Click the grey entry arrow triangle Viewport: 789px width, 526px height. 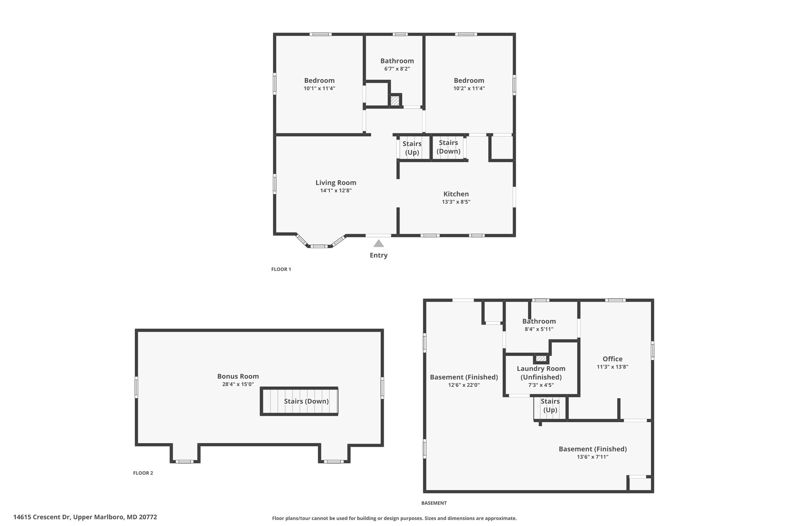point(379,244)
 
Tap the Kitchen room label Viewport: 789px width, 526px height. point(456,194)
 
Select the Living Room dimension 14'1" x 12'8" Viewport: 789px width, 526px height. point(336,190)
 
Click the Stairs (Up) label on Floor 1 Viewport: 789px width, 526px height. point(412,148)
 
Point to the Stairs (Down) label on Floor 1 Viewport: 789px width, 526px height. point(448,147)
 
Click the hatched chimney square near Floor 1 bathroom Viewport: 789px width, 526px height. point(395,101)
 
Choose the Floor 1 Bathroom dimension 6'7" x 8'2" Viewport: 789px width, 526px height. point(397,69)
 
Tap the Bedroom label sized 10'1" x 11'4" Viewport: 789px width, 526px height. point(319,80)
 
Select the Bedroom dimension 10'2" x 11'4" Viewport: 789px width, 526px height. point(469,88)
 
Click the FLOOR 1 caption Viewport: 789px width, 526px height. point(281,269)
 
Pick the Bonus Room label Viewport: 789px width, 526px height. point(238,376)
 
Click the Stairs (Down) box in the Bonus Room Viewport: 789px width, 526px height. point(299,401)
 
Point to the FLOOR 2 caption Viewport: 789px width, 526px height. point(143,473)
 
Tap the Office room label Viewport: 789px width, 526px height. point(612,359)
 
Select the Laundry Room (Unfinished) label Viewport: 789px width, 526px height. point(541,373)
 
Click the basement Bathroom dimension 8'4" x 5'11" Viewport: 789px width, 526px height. point(539,329)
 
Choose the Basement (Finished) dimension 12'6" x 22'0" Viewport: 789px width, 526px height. point(463,385)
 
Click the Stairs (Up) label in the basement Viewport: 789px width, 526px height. point(550,405)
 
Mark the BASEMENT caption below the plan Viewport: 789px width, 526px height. point(434,503)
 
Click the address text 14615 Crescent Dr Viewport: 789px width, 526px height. point(85,517)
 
